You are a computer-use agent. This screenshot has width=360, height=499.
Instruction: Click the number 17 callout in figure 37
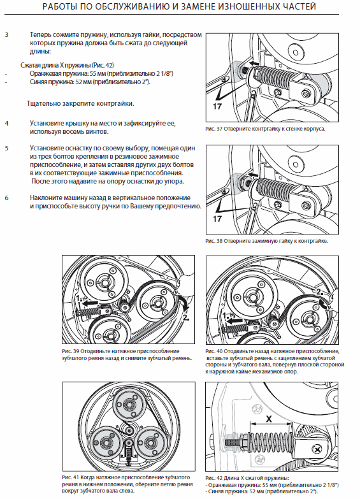coord(217,106)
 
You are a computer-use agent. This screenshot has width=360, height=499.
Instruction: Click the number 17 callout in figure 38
coord(217,219)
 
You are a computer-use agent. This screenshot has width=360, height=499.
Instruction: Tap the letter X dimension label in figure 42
coord(270,419)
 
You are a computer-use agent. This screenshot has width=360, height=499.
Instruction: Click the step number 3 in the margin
coord(6,34)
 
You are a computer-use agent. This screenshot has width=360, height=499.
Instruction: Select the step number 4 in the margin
coord(6,123)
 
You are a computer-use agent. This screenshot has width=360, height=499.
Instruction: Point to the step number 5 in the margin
coord(6,148)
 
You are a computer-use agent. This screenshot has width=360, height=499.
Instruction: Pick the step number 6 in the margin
coord(6,198)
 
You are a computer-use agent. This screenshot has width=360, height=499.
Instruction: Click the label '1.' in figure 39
coord(79,298)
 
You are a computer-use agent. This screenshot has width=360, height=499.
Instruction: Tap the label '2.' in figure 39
coord(186,317)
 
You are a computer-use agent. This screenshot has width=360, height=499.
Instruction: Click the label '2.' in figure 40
coord(320,291)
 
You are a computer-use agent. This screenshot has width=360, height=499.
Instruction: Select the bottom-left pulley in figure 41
coord(105,443)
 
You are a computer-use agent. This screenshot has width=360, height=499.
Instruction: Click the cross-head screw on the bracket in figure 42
coord(319,450)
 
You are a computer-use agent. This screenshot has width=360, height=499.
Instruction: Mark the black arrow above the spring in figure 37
coord(254,64)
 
